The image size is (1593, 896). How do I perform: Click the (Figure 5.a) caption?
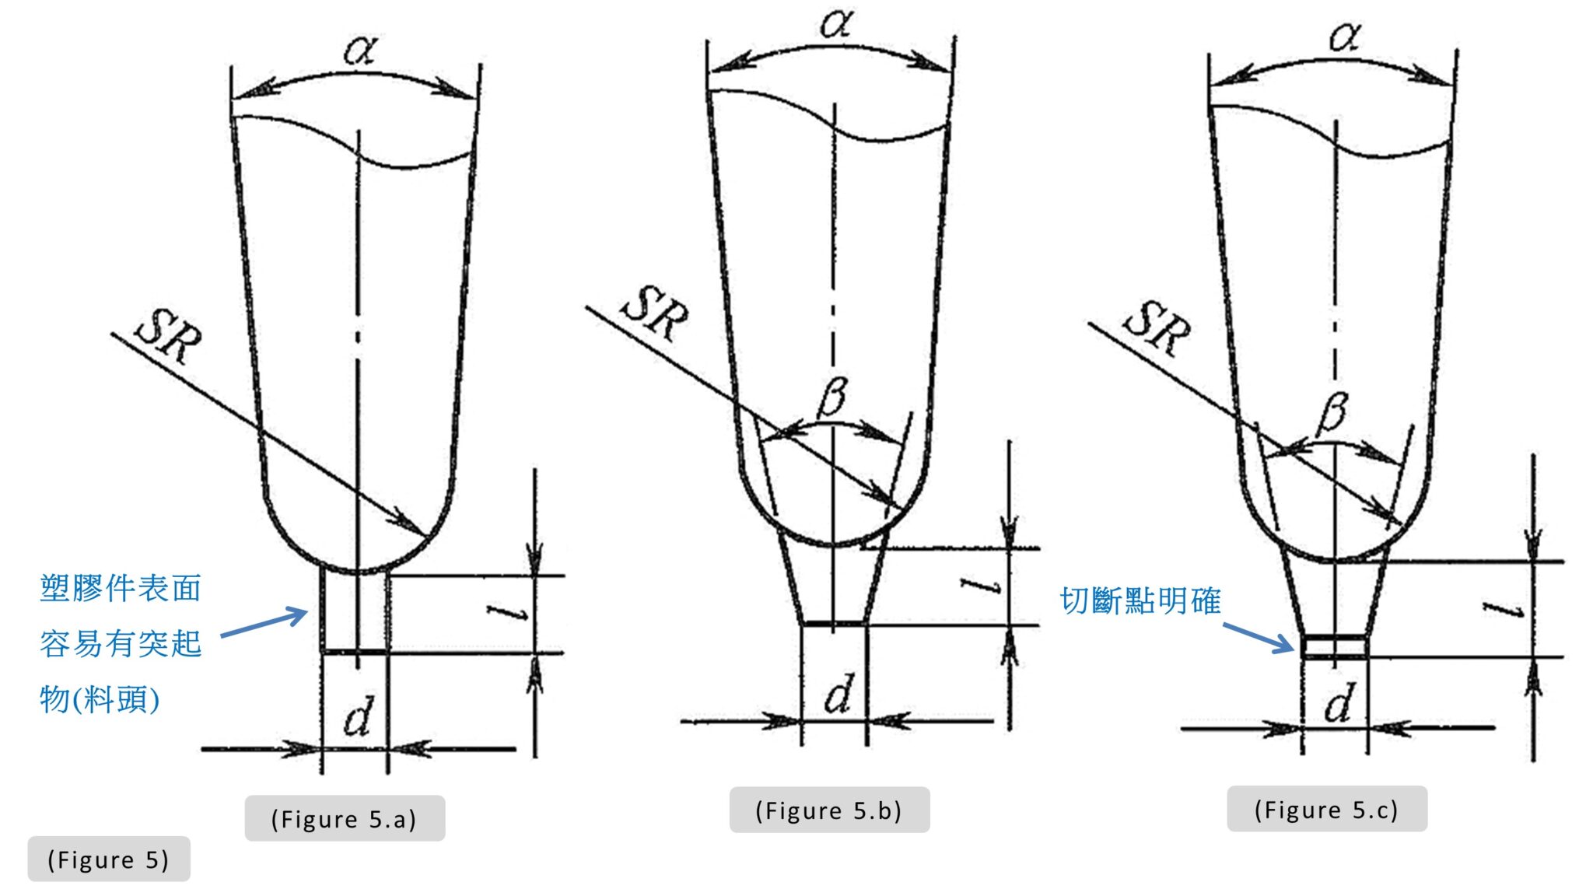pyautogui.click(x=344, y=819)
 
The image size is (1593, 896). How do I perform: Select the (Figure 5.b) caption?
pyautogui.click(x=828, y=810)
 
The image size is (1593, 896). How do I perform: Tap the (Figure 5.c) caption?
pyautogui.click(x=1326, y=810)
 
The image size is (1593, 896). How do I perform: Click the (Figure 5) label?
pyautogui.click(x=108, y=859)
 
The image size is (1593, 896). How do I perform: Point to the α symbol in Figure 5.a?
pyautogui.click(x=360, y=50)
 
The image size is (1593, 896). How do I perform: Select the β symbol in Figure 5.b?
pyautogui.click(x=832, y=396)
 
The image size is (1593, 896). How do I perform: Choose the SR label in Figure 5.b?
pyautogui.click(x=654, y=313)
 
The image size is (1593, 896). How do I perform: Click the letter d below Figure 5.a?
pyautogui.click(x=357, y=716)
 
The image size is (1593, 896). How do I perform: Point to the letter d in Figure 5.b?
pyautogui.click(x=839, y=695)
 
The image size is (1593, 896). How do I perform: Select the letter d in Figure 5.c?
pyautogui.click(x=1338, y=704)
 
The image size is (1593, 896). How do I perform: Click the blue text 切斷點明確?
pyautogui.click(x=1140, y=601)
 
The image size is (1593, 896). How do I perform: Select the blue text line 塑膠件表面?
pyautogui.click(x=121, y=589)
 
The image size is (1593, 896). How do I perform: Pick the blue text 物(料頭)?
pyautogui.click(x=100, y=698)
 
